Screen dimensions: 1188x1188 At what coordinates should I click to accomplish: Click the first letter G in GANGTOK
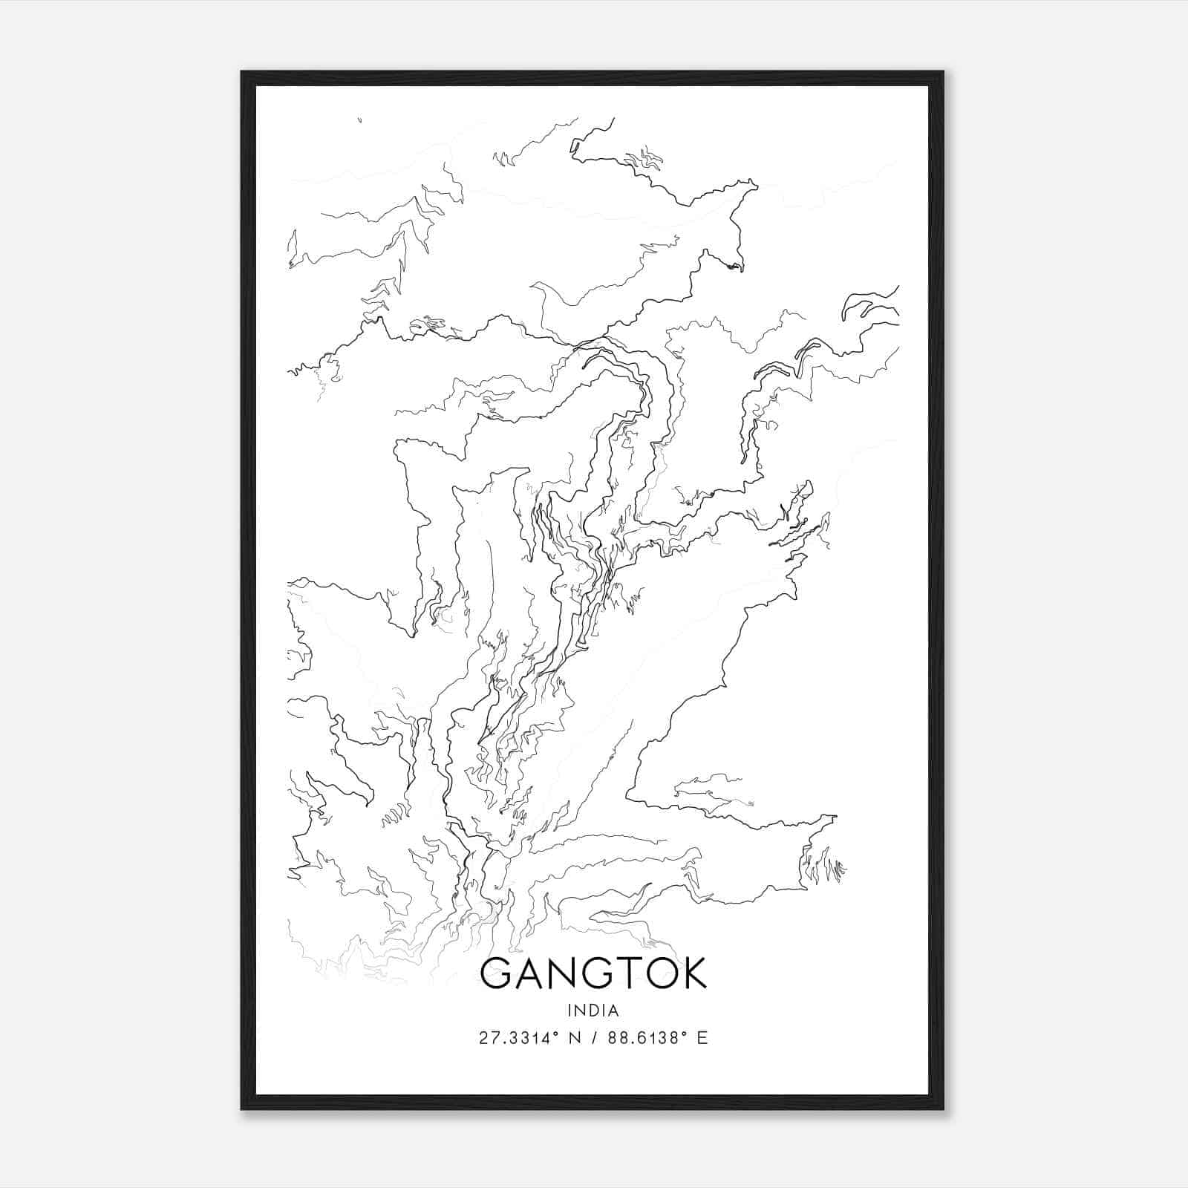pyautogui.click(x=497, y=973)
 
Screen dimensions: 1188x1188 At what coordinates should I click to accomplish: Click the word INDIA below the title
pyautogui.click(x=593, y=1010)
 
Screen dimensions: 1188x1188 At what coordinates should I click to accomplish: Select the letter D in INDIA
pyautogui.click(x=594, y=1010)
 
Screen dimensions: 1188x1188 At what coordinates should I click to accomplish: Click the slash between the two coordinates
pyautogui.click(x=594, y=1038)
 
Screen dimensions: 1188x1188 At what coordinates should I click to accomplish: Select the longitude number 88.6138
pyautogui.click(x=640, y=1038)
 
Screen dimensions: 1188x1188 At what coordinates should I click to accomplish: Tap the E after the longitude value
pyautogui.click(x=702, y=1038)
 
